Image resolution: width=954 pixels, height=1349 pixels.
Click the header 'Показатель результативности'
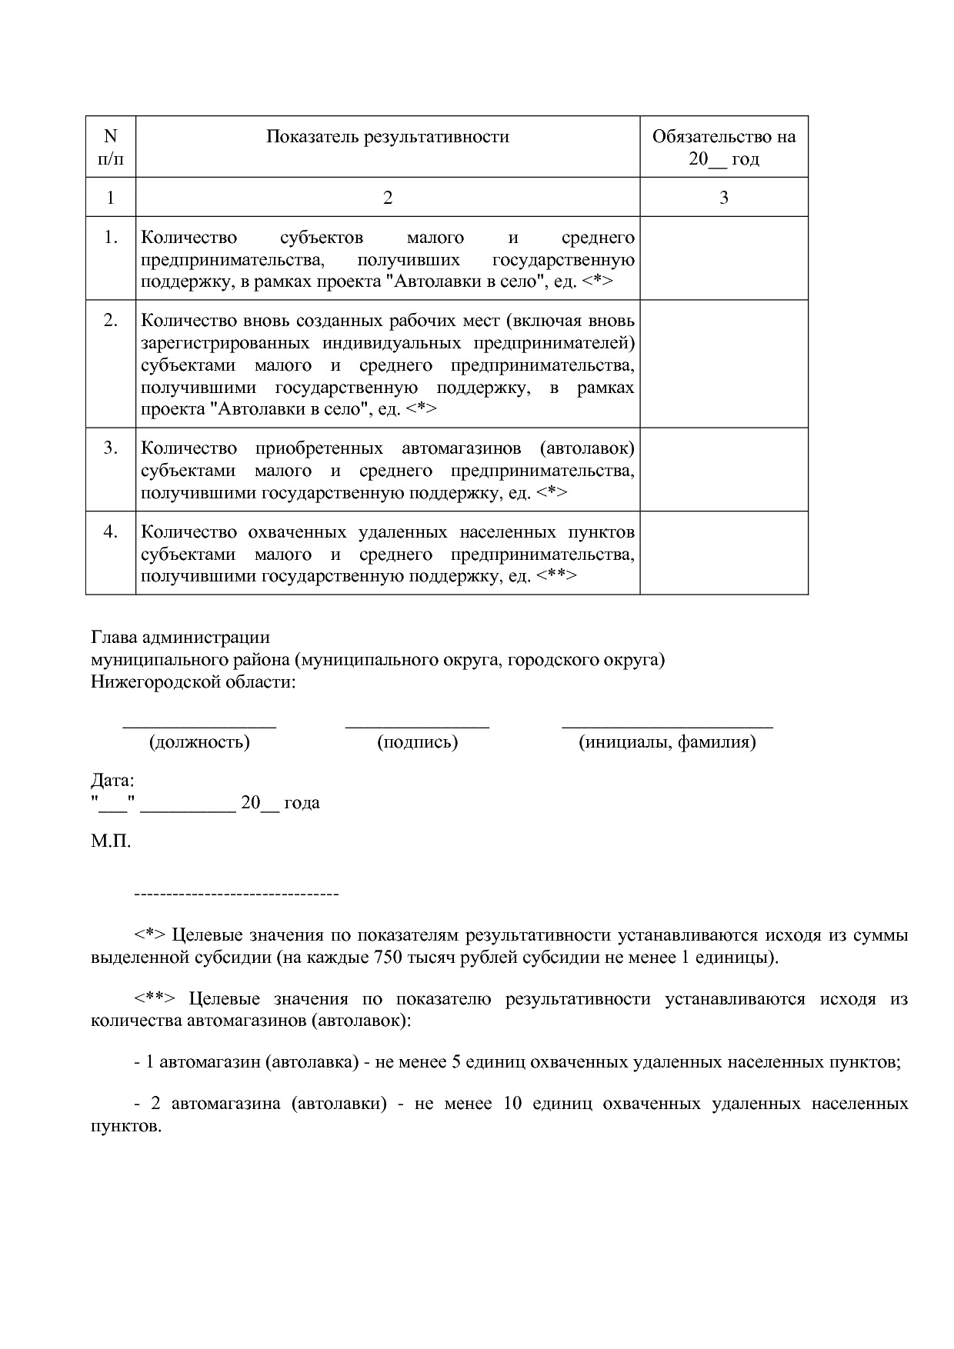(388, 137)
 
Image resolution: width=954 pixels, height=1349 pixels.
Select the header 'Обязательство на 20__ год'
(723, 148)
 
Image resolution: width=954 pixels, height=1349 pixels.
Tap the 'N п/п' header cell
(111, 148)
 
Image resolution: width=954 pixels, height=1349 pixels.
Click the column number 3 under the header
(723, 198)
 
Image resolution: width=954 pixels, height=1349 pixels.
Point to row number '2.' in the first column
(111, 320)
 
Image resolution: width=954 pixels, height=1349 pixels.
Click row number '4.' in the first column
(111, 531)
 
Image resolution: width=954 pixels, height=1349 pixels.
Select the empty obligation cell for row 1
(723, 258)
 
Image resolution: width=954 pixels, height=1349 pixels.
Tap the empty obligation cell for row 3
(723, 469)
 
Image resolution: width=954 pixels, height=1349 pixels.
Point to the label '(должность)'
(199, 742)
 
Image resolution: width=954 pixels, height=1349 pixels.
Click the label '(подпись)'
(418, 742)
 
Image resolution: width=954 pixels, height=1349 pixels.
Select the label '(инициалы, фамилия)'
(667, 742)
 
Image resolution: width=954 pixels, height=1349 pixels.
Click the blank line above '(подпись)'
(418, 724)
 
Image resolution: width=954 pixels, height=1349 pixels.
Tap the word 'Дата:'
(112, 781)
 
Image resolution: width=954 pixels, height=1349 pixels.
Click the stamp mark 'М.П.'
(111, 841)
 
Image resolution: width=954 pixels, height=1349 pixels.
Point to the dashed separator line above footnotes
(236, 894)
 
